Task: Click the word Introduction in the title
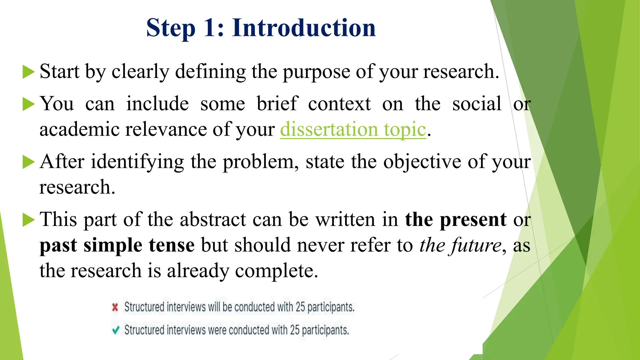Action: pos(303,28)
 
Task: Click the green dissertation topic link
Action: pos(353,129)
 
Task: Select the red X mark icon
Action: pos(115,307)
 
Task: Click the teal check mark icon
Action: pos(115,330)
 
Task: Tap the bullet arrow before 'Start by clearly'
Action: pos(28,72)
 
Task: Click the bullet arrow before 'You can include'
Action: pos(28,104)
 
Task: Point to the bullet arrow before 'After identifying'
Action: pos(28,162)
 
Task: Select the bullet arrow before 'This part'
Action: pos(28,220)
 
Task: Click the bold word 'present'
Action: pos(473,220)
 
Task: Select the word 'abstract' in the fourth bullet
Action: pos(213,220)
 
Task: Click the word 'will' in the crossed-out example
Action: pos(214,307)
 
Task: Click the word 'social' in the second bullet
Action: pos(477,104)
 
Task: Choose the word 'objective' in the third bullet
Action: pos(422,162)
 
